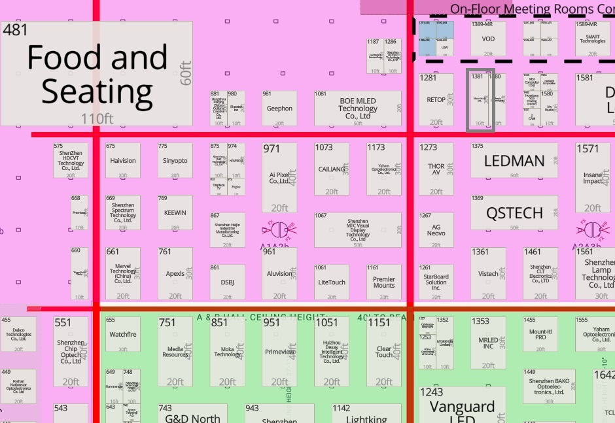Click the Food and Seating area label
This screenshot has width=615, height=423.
click(97, 74)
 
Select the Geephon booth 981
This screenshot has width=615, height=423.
click(279, 109)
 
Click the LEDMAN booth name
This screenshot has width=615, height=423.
click(514, 161)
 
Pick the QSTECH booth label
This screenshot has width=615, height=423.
click(514, 213)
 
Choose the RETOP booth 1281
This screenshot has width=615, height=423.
click(436, 100)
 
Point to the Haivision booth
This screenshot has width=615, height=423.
click(123, 161)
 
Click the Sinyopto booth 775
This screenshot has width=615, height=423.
click(175, 161)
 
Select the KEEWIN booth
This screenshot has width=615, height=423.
click(175, 213)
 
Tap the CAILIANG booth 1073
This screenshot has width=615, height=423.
click(332, 169)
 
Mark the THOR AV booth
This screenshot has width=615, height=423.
click(436, 169)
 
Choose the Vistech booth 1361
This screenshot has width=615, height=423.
click(488, 274)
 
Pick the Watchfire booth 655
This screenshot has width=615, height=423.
click(123, 335)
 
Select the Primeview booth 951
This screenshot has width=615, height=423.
click(279, 352)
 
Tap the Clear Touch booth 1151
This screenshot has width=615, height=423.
click(384, 352)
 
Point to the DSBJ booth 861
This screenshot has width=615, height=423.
click(227, 282)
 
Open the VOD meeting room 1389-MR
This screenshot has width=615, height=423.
click(488, 39)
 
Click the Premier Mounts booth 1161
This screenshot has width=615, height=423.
click(384, 282)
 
